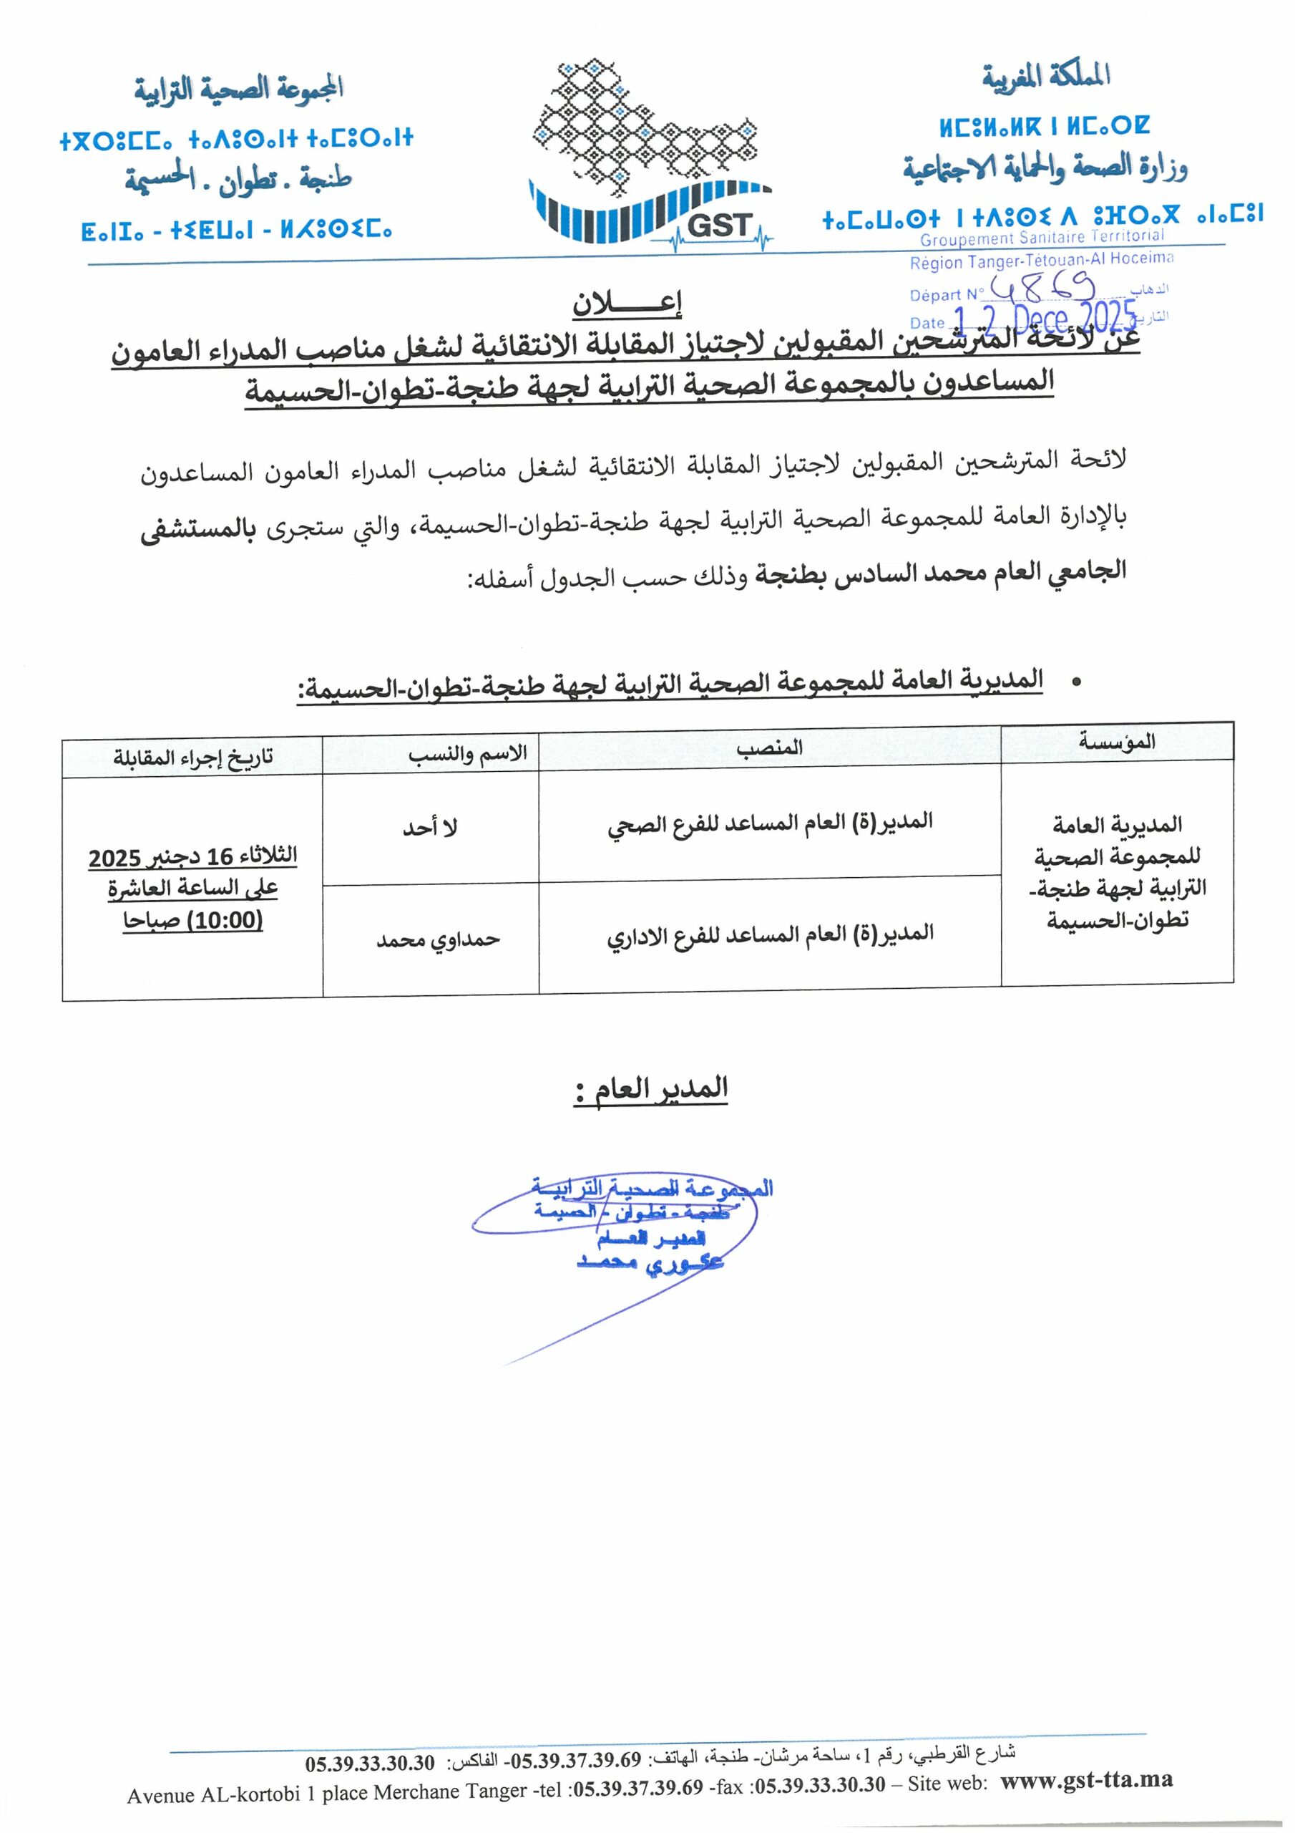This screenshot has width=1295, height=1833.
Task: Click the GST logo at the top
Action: [x=650, y=152]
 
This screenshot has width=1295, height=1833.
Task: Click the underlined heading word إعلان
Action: [x=627, y=304]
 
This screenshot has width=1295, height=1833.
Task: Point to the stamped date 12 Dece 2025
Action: [x=1045, y=319]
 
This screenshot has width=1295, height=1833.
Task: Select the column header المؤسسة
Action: [x=1116, y=742]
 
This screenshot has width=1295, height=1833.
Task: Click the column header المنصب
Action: [x=769, y=748]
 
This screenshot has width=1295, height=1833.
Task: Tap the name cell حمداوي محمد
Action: [x=438, y=939]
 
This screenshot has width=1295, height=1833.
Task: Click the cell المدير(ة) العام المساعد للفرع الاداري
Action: [x=769, y=934]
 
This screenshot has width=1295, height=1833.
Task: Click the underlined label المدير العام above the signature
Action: [x=650, y=1089]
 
